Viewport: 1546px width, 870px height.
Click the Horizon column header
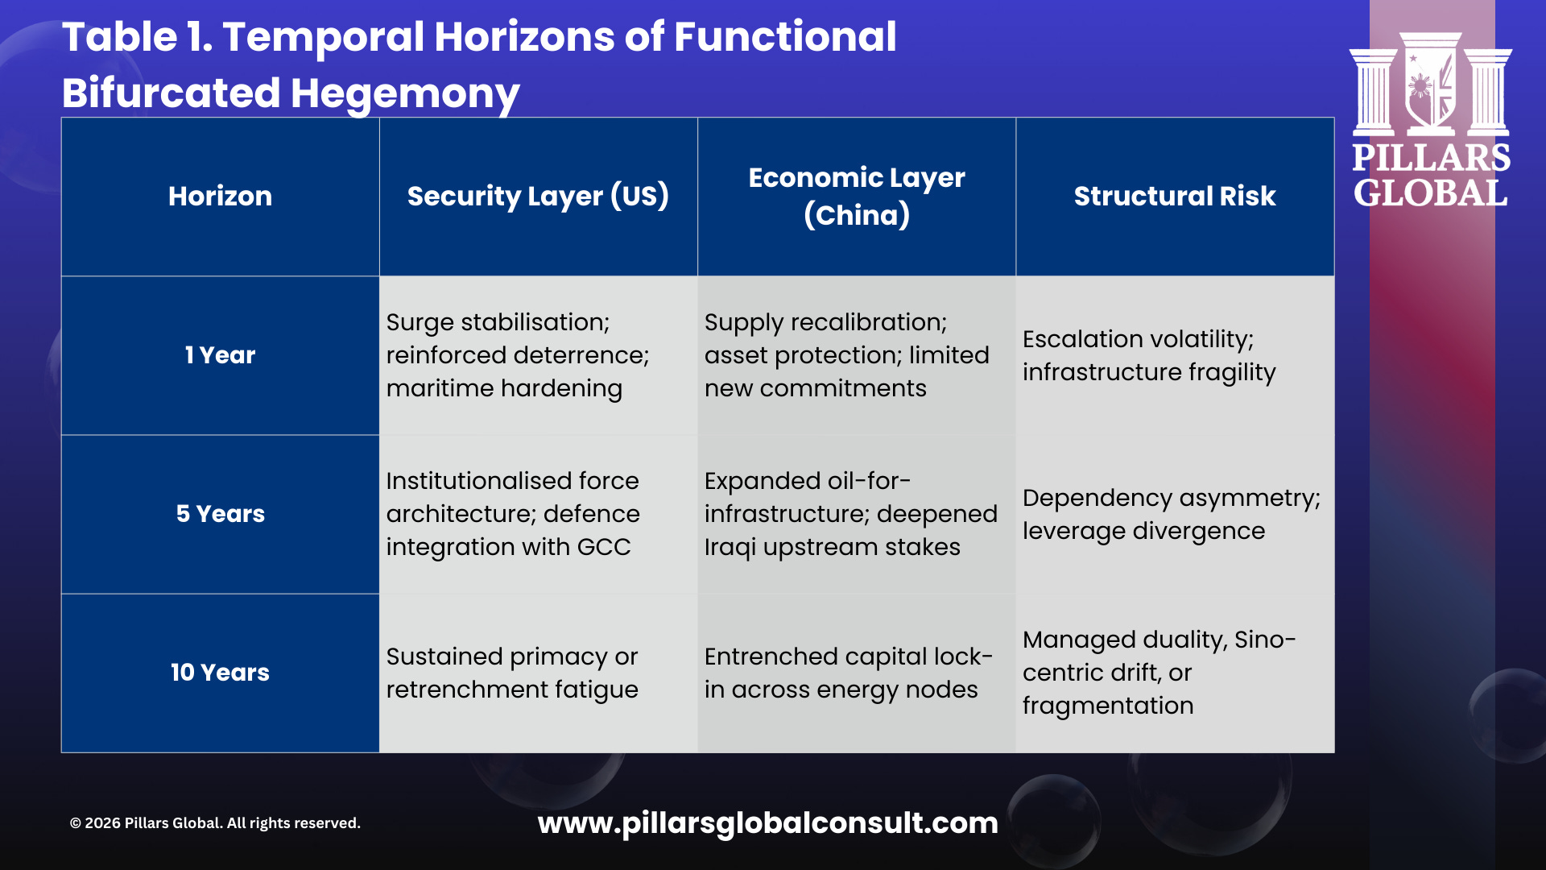pyautogui.click(x=220, y=196)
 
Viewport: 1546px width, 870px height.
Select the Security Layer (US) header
pyautogui.click(x=538, y=196)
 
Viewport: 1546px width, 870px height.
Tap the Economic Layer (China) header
pyautogui.click(x=857, y=196)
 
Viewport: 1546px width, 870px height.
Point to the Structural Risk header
pyautogui.click(x=1175, y=196)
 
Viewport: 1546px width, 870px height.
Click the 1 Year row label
pyautogui.click(x=220, y=355)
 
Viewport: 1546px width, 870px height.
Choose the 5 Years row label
pyautogui.click(x=220, y=514)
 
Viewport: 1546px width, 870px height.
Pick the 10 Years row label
pyautogui.click(x=220, y=673)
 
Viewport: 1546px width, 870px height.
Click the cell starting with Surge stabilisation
pyautogui.click(x=518, y=355)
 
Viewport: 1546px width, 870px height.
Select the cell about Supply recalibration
pyautogui.click(x=846, y=355)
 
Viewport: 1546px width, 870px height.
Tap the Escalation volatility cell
pyautogui.click(x=1149, y=355)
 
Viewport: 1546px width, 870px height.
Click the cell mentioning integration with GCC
pyautogui.click(x=513, y=514)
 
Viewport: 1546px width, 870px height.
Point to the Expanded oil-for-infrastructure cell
pyautogui.click(x=850, y=514)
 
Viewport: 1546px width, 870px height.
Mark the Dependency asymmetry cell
pyautogui.click(x=1172, y=514)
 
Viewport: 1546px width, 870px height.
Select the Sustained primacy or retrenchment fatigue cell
pyautogui.click(x=512, y=673)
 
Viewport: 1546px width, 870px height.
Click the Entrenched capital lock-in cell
pyautogui.click(x=848, y=673)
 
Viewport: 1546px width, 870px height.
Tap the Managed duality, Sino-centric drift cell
pyautogui.click(x=1159, y=673)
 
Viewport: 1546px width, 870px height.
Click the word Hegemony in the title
pyautogui.click(x=404, y=93)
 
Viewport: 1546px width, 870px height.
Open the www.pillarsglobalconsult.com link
pyautogui.click(x=767, y=822)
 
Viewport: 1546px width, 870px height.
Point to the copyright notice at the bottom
pyautogui.click(x=215, y=823)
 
